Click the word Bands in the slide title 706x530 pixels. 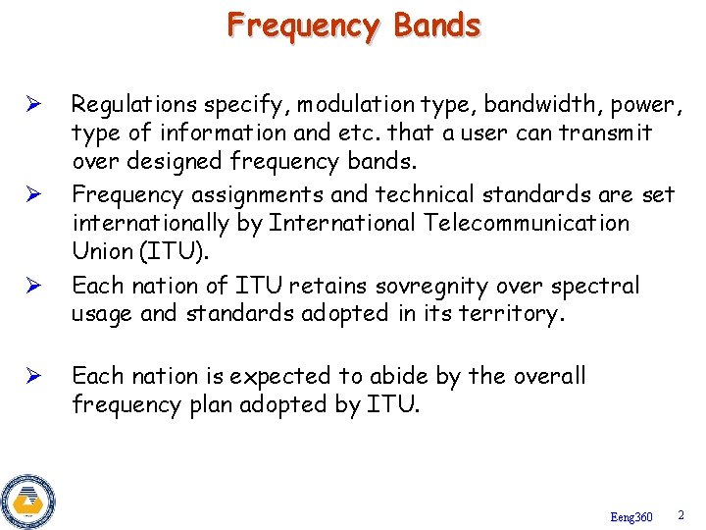click(437, 25)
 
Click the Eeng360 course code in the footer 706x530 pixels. click(630, 516)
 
